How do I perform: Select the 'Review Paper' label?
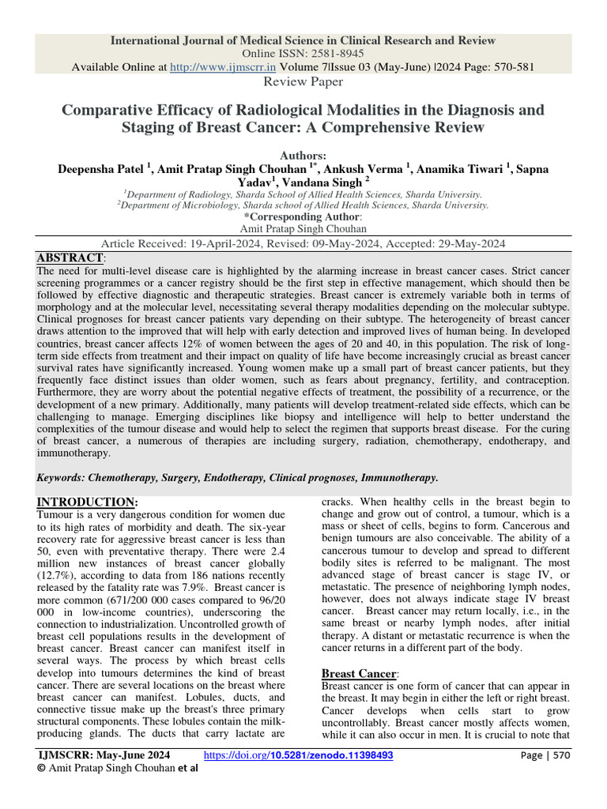[x=303, y=82]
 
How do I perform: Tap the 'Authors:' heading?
[x=303, y=156]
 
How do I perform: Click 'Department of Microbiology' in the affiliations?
[x=183, y=205]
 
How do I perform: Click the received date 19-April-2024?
[x=216, y=243]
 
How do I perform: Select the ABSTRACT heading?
[x=70, y=258]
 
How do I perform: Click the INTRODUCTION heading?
[x=86, y=502]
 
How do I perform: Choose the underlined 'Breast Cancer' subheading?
[x=358, y=673]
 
